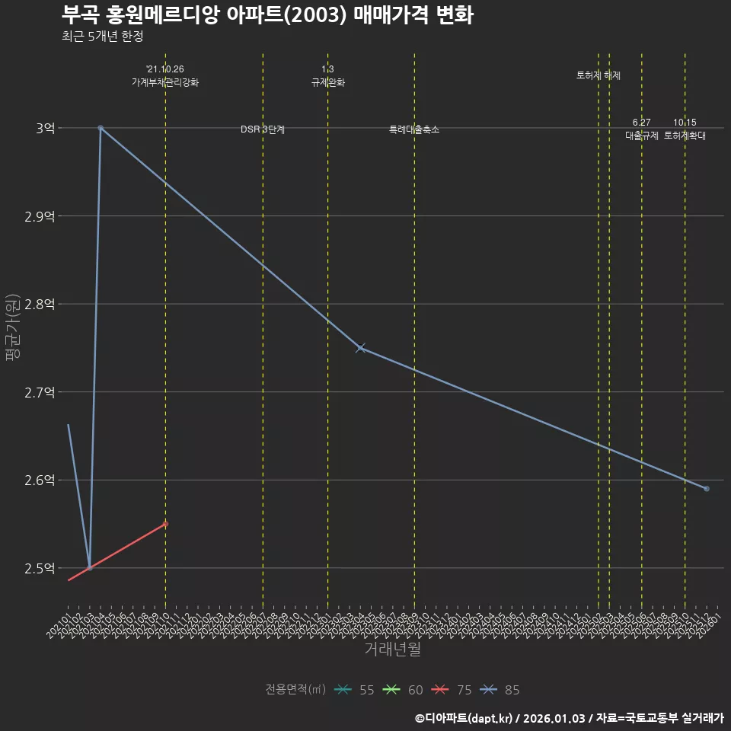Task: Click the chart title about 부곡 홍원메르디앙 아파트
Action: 267,14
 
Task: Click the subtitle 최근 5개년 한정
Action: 102,36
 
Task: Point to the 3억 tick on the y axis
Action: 45,128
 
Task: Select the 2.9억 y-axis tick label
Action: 40,216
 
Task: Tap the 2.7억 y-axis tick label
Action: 40,392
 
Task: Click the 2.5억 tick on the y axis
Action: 40,568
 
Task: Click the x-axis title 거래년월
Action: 392,650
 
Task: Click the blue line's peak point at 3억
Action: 101,128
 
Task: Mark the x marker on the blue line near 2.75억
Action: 360,348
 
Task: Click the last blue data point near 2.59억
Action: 707,489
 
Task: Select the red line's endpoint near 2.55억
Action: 165,524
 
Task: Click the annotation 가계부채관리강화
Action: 165,82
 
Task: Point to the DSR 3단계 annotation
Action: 263,129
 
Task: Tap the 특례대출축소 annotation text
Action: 414,129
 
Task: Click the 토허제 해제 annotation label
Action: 599,75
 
